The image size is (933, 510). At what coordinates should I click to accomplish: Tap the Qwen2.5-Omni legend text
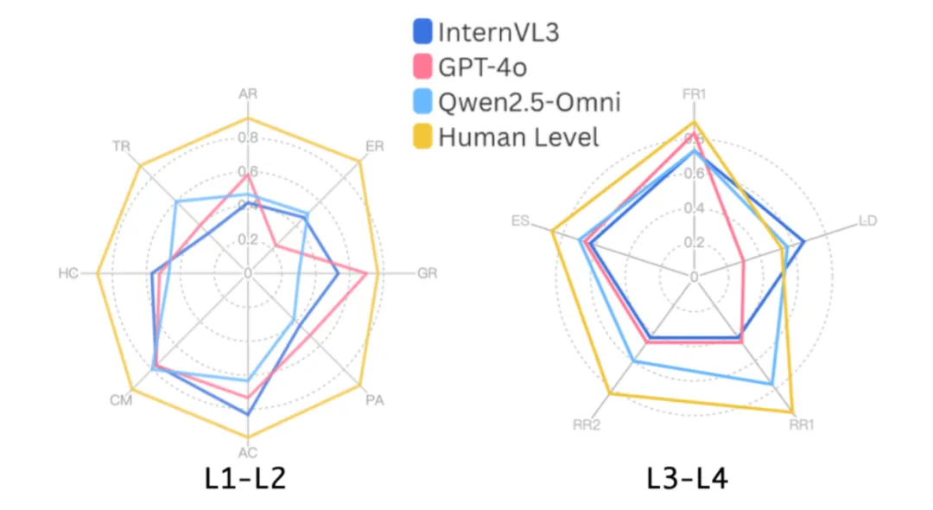tap(529, 102)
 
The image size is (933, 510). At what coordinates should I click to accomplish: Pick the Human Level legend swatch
tap(422, 136)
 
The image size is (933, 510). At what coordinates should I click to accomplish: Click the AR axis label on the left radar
tap(248, 94)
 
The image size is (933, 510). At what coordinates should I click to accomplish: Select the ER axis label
tap(375, 147)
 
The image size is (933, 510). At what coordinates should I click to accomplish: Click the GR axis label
tap(427, 274)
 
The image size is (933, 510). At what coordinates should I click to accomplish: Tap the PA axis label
tap(375, 400)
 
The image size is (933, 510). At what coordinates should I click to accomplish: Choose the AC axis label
tap(248, 452)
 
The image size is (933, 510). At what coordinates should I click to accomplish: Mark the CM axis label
tap(121, 400)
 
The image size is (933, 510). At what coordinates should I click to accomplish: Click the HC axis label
tap(68, 274)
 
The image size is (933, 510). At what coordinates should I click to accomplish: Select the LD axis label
tap(867, 221)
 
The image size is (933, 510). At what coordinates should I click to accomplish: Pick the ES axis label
tap(520, 221)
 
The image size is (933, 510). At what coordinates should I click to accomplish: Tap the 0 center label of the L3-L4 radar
tap(694, 277)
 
